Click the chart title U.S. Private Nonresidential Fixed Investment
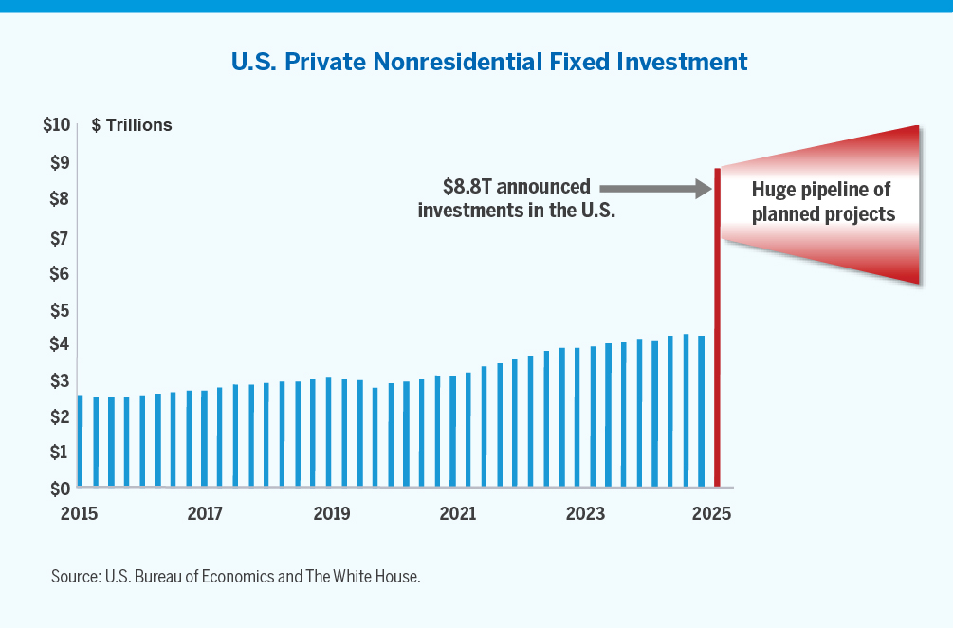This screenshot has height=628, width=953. (x=489, y=63)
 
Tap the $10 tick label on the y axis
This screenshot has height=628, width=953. (x=57, y=124)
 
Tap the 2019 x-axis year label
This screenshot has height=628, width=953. (x=331, y=514)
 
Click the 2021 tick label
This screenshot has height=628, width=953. (x=458, y=514)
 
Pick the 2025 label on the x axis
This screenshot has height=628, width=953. (x=712, y=514)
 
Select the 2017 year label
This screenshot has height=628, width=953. (x=205, y=514)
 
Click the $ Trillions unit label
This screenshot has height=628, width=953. (x=132, y=125)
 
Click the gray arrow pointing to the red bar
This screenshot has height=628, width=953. (x=655, y=190)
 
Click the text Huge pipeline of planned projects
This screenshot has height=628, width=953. (x=822, y=201)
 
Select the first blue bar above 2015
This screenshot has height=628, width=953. (x=80, y=441)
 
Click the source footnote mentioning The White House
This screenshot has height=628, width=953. (x=235, y=577)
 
